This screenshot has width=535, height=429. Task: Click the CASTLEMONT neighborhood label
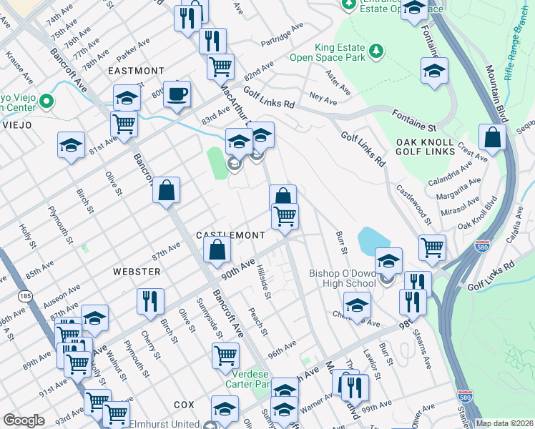click(x=231, y=235)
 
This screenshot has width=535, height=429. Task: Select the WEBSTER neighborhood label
click(x=136, y=272)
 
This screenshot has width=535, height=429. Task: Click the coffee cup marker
click(x=177, y=94)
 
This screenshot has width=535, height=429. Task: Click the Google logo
click(x=24, y=420)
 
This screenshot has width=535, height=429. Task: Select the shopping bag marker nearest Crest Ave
click(x=492, y=137)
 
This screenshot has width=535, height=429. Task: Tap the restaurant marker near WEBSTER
click(x=150, y=301)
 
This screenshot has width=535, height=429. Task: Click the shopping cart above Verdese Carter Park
click(x=225, y=354)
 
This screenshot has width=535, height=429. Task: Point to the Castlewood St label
click(x=413, y=203)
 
